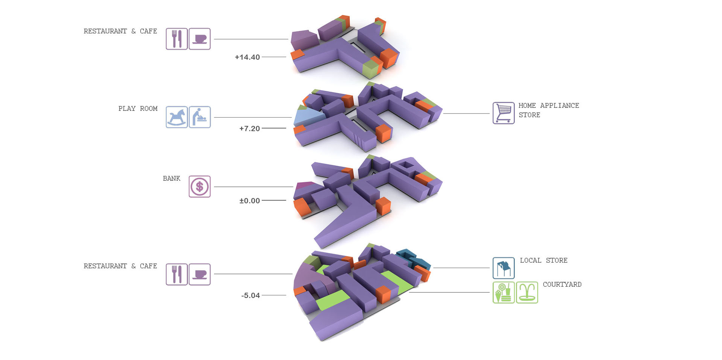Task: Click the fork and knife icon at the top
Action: (x=177, y=39)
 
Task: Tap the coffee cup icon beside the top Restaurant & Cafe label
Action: (x=199, y=39)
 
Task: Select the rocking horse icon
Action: (x=177, y=117)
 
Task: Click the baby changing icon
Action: (x=199, y=117)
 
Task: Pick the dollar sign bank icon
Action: (x=199, y=186)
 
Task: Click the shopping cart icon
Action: (x=504, y=113)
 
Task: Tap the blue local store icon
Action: (x=504, y=268)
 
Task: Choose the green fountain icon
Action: (x=527, y=292)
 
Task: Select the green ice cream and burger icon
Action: (x=504, y=292)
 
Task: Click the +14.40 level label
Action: (x=247, y=57)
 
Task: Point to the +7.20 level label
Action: (x=249, y=129)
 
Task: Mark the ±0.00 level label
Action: (x=249, y=201)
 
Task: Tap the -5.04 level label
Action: (x=250, y=295)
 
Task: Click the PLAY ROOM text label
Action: (x=138, y=109)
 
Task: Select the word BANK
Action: (x=171, y=178)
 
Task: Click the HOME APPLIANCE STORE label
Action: (x=548, y=110)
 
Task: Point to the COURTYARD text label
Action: (x=562, y=284)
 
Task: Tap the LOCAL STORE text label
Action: (x=543, y=260)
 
